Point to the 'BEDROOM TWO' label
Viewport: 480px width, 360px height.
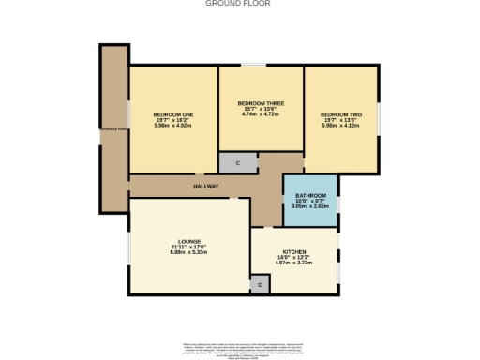340,114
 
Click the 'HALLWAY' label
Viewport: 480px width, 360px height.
206,187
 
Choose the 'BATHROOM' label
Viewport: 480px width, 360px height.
310,196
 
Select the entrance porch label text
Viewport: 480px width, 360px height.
114,142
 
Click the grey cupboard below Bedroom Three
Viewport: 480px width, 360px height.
238,162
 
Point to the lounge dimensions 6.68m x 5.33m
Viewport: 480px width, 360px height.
175,252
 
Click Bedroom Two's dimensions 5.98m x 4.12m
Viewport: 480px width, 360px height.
340,126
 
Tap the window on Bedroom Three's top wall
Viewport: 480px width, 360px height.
253,65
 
